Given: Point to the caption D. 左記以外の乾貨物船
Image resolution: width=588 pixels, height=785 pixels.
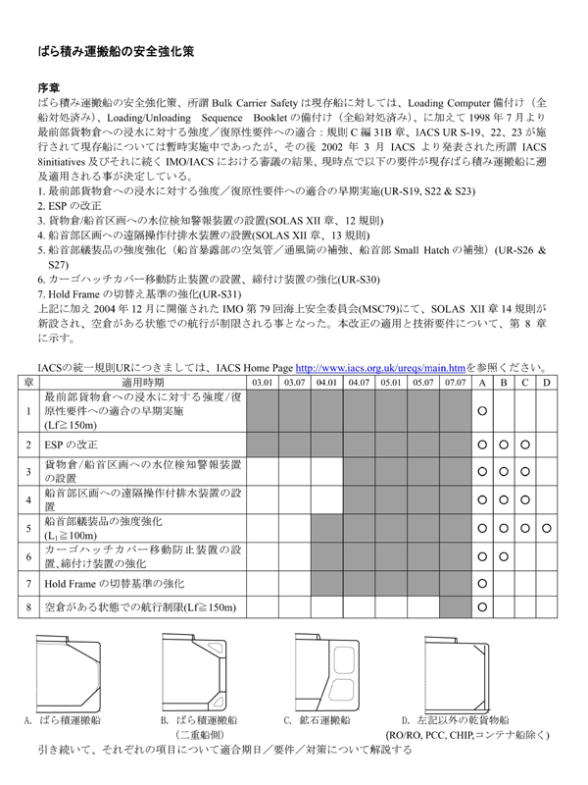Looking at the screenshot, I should (461, 719).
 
